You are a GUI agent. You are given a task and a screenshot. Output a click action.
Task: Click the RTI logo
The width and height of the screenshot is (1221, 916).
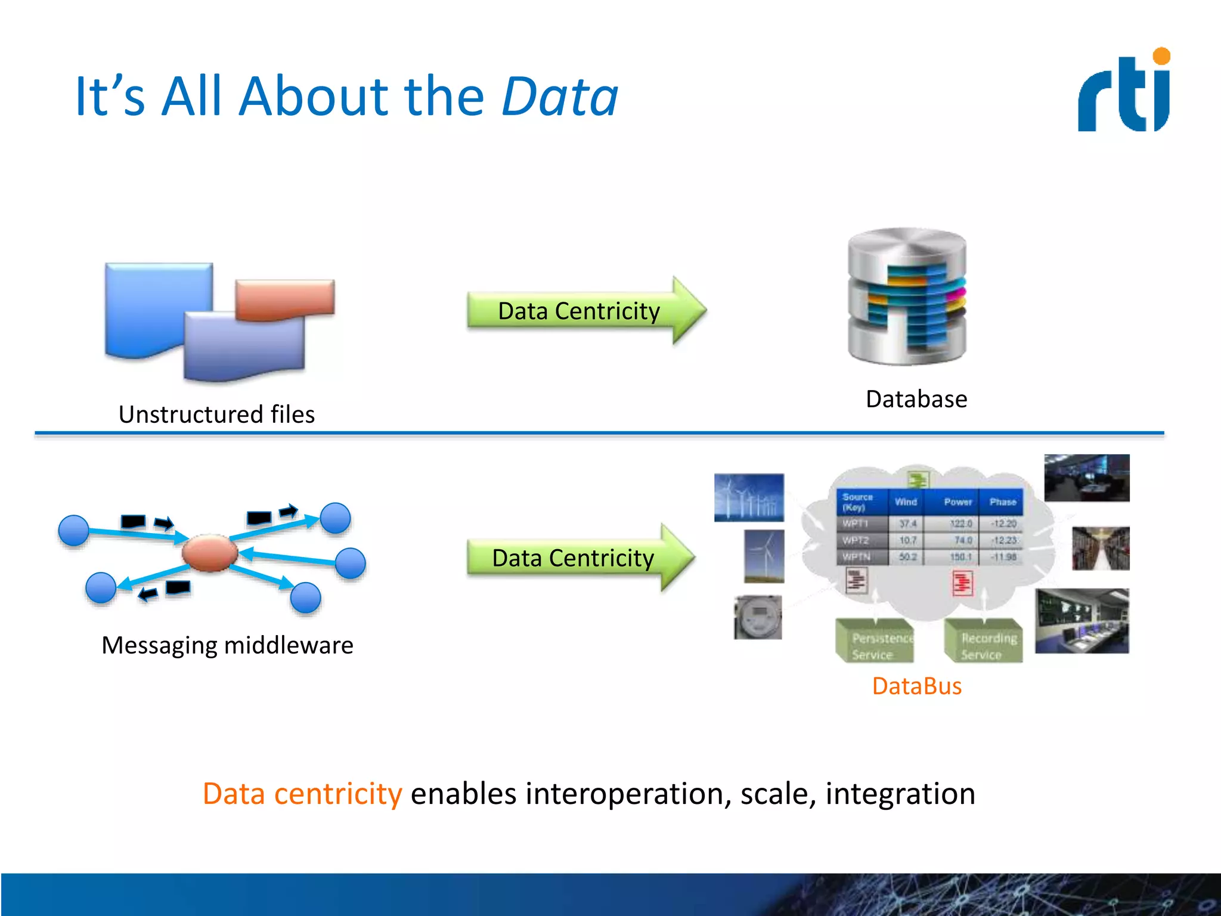point(1124,91)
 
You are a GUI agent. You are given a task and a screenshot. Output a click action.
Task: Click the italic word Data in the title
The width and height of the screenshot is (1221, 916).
point(559,97)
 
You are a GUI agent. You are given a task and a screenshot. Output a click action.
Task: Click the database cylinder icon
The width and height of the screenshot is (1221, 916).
point(907,296)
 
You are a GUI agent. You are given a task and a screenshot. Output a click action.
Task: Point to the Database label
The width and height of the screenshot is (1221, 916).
point(916,399)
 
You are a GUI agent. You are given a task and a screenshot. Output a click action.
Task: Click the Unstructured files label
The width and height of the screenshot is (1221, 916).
point(216,414)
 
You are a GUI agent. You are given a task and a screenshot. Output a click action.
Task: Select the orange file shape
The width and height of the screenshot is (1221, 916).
point(285,299)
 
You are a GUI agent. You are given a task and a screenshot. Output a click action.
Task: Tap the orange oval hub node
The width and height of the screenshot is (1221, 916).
point(210,553)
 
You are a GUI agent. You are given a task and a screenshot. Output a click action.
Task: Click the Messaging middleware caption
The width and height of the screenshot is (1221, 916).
point(227,645)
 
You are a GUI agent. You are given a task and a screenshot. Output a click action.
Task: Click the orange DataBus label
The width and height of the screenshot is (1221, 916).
point(916,686)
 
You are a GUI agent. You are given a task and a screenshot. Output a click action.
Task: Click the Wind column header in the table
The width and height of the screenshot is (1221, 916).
point(906,502)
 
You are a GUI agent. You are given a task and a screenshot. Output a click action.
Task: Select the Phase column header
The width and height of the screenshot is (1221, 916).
point(1003,502)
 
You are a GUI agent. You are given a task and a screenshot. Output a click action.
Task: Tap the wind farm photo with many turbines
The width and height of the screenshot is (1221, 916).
point(749,497)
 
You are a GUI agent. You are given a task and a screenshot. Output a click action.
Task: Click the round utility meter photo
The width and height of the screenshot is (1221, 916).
point(758,617)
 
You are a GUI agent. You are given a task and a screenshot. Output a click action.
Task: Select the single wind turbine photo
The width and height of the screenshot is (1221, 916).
point(764,556)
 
